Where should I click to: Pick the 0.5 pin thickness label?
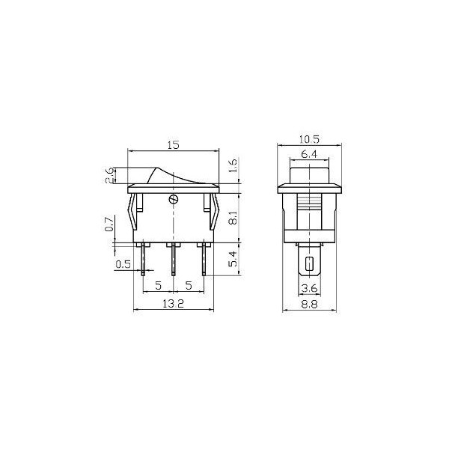[123, 264]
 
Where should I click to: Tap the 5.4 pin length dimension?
[232, 260]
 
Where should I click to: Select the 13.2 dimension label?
[173, 303]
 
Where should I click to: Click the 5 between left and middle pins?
[159, 286]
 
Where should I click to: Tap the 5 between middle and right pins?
[189, 286]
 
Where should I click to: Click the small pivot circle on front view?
[174, 199]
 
